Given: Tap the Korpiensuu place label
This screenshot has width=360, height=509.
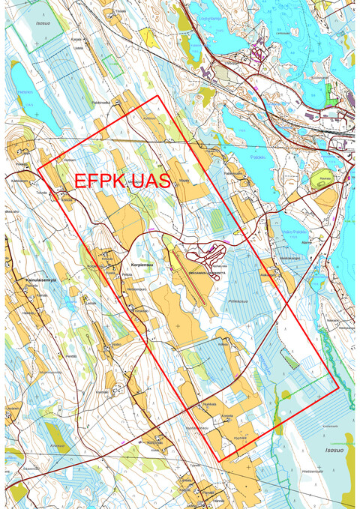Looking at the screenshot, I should coord(142,265).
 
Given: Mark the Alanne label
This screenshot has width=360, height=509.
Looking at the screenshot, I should coord(306,243).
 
